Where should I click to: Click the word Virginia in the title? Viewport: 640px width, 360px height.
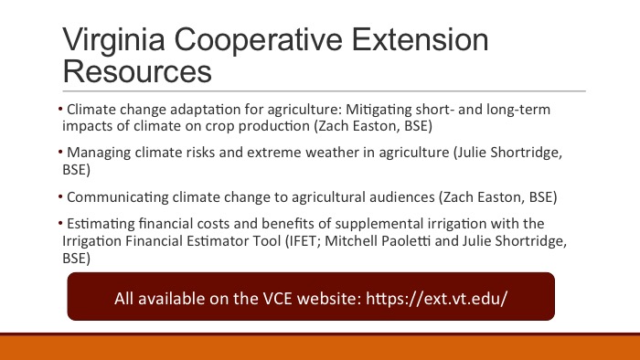click(114, 40)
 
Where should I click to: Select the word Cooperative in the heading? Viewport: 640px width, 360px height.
click(259, 40)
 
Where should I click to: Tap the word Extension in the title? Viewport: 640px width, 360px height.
click(420, 39)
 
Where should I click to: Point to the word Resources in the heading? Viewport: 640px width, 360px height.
click(137, 71)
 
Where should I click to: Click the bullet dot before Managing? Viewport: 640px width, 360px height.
click(60, 153)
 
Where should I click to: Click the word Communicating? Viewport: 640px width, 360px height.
click(118, 197)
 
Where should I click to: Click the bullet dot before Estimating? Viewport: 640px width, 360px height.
click(60, 224)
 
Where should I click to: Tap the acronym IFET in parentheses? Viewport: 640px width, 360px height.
click(302, 241)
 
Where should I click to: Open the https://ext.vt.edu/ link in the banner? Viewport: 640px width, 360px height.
click(437, 299)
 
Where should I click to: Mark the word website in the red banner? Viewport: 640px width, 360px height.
click(329, 299)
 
